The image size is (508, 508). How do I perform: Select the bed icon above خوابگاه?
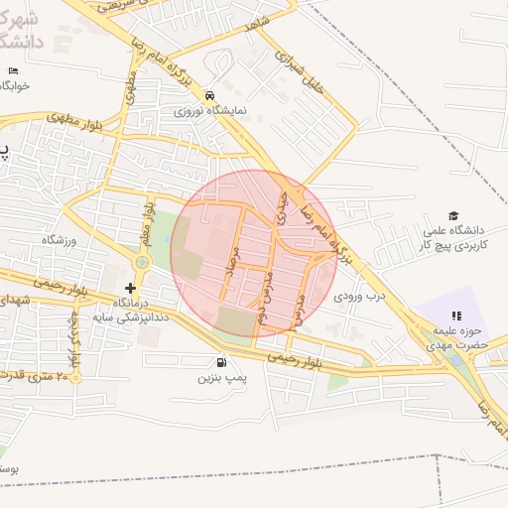click(12, 71)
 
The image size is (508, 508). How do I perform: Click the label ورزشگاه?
click(59, 240)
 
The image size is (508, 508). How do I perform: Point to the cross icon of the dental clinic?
click(130, 288)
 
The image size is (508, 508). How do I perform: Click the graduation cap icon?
click(453, 216)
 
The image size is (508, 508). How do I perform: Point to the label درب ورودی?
click(358, 296)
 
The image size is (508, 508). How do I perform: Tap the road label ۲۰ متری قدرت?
click(40, 376)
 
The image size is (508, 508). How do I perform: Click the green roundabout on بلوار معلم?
click(141, 263)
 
